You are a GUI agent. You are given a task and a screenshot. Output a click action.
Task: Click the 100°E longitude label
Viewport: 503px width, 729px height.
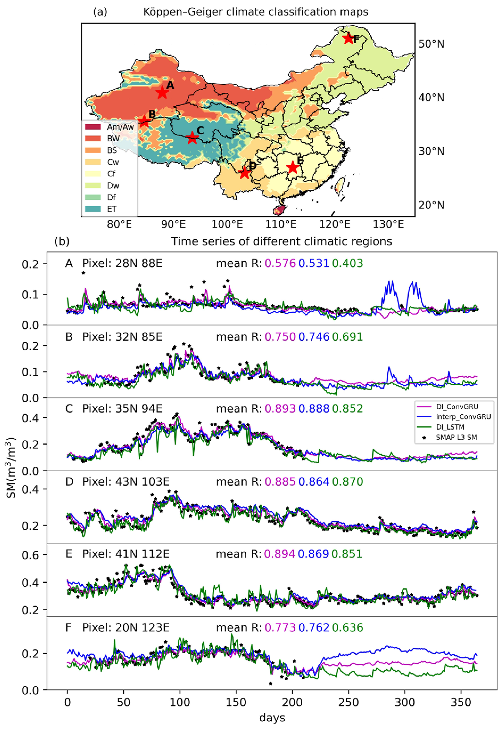tap(227, 224)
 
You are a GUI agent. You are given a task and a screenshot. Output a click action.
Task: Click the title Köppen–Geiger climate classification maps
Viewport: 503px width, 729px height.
tap(255, 12)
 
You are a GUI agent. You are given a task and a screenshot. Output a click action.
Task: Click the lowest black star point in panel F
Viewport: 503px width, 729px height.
tap(270, 684)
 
